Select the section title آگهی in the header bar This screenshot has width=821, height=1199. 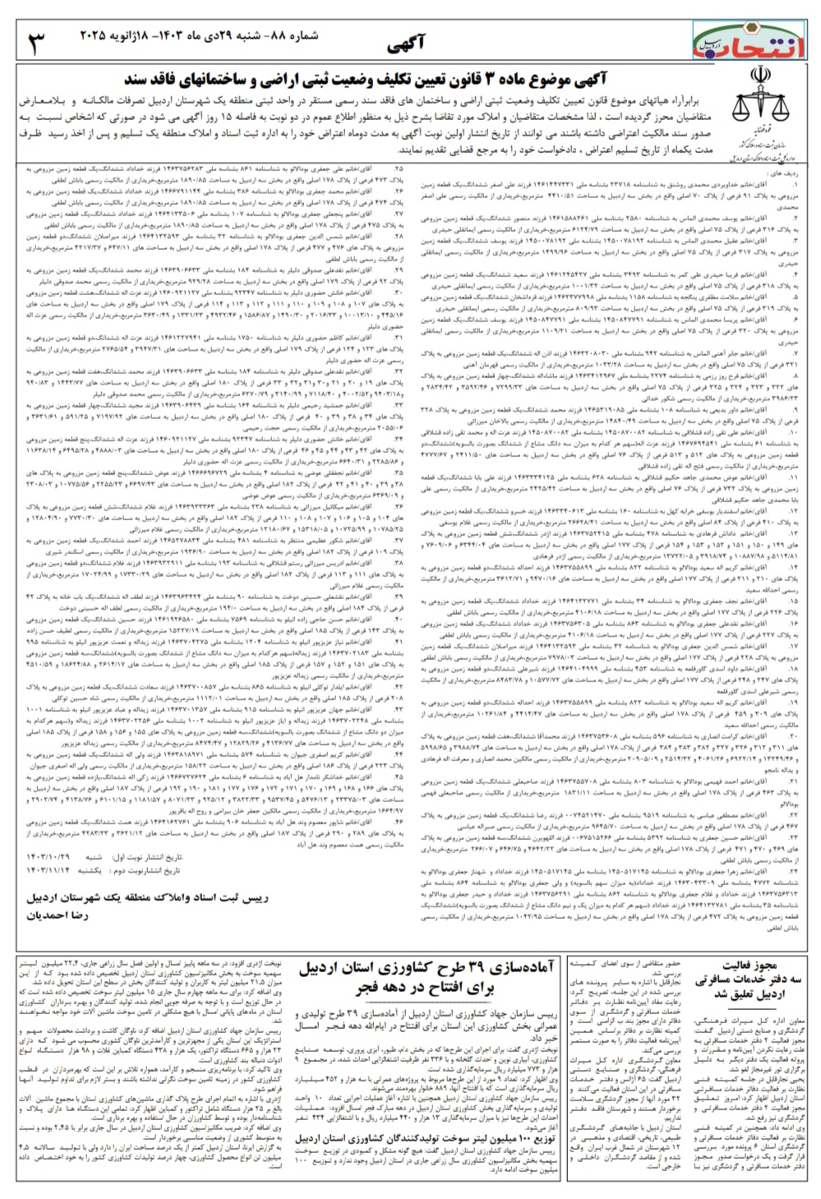point(405,43)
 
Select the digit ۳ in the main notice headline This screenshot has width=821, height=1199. point(491,80)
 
